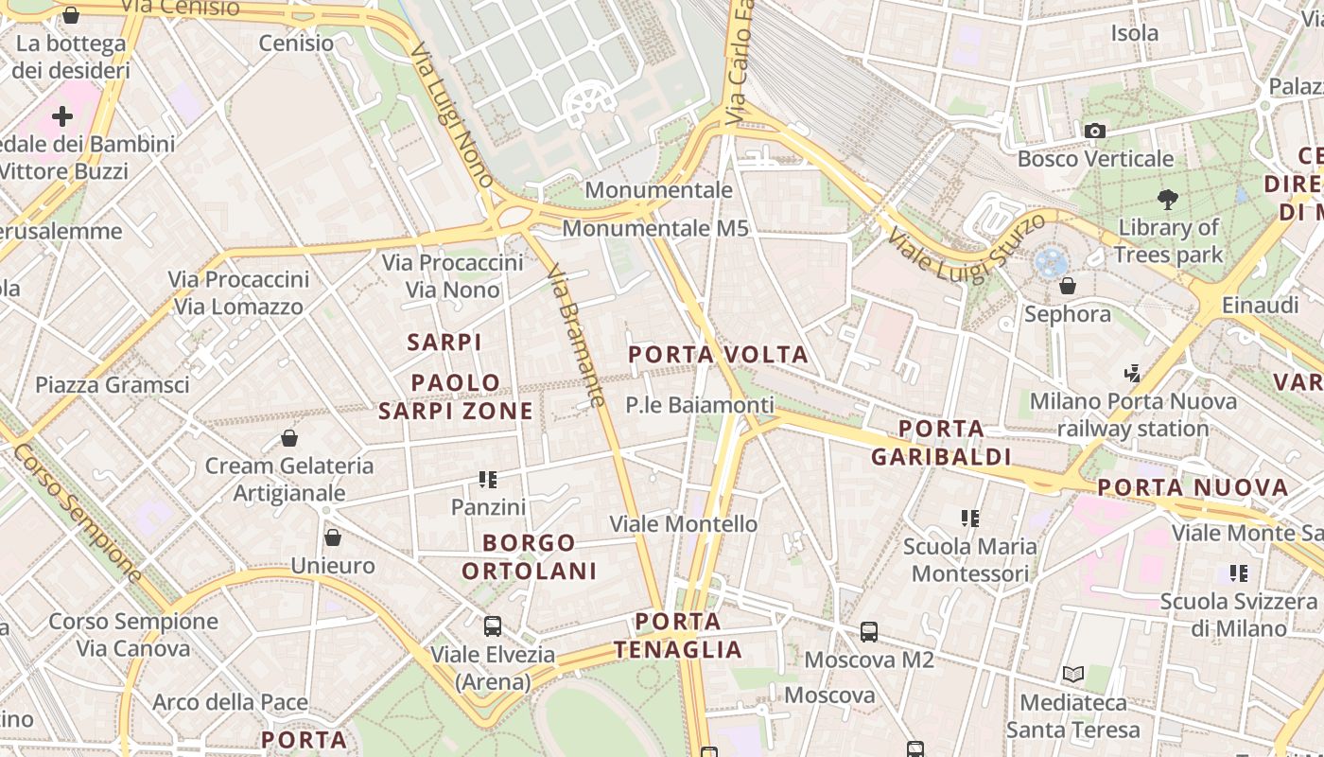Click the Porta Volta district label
click(719, 355)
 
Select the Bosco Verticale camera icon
click(1095, 131)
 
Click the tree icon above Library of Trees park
click(1168, 199)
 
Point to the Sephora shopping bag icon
click(1068, 285)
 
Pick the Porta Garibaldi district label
click(941, 443)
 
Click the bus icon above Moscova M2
click(869, 631)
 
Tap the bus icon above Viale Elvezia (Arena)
click(493, 625)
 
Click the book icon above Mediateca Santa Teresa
click(1072, 674)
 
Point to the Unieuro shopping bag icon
click(332, 537)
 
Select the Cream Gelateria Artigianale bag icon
click(289, 437)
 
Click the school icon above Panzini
click(488, 480)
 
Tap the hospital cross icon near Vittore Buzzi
click(62, 116)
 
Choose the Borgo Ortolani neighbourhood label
click(529, 557)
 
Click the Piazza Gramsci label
click(113, 385)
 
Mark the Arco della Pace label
click(230, 702)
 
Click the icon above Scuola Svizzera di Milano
click(1239, 572)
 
